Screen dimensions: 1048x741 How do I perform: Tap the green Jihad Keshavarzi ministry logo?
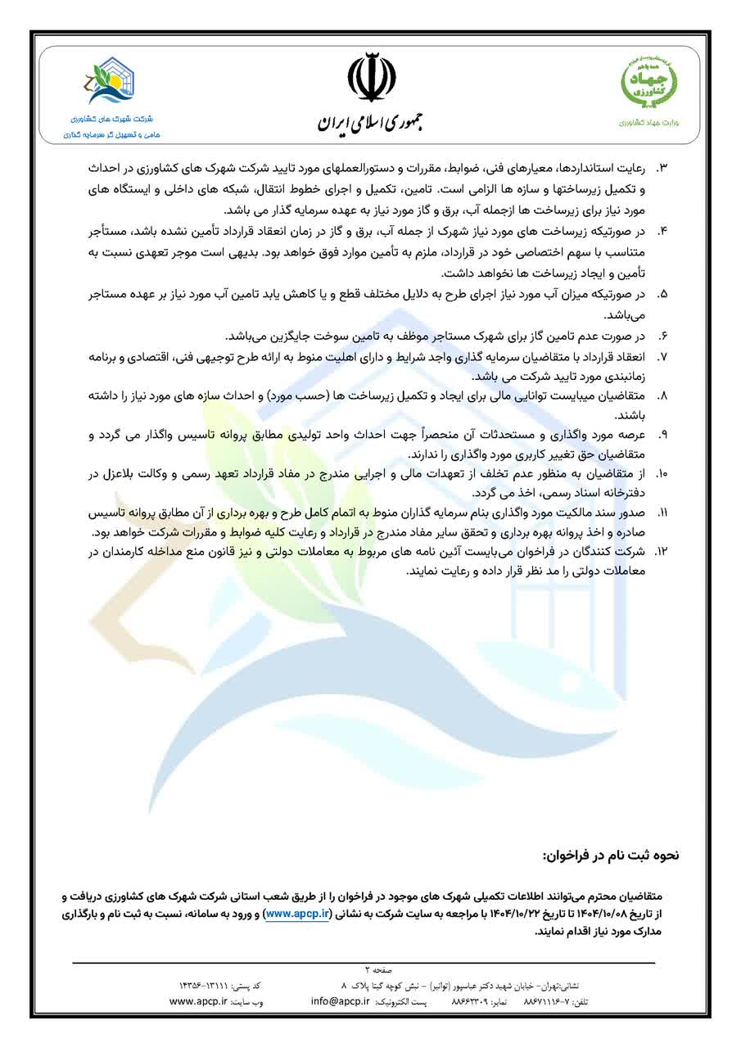647,81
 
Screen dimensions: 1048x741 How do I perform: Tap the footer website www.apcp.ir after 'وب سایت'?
197,1001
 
